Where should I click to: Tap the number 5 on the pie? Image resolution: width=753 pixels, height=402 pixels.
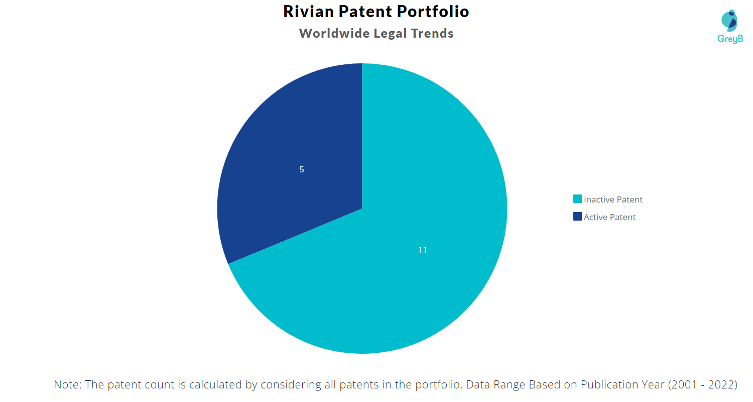pyautogui.click(x=302, y=170)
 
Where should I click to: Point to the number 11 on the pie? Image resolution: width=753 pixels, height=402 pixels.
pyautogui.click(x=423, y=250)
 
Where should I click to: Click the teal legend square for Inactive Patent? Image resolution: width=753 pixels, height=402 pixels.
pyautogui.click(x=577, y=199)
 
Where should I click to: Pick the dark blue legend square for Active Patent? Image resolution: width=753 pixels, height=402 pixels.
pyautogui.click(x=577, y=217)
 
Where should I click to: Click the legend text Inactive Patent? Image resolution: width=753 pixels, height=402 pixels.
pyautogui.click(x=613, y=199)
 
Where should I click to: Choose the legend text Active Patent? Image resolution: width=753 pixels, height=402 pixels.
pyautogui.click(x=609, y=217)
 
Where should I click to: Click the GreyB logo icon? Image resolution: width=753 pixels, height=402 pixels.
pyautogui.click(x=729, y=20)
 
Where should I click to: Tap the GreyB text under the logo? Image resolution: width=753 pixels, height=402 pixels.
pyautogui.click(x=730, y=39)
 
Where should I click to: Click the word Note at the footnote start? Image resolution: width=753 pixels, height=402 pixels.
pyautogui.click(x=66, y=385)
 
